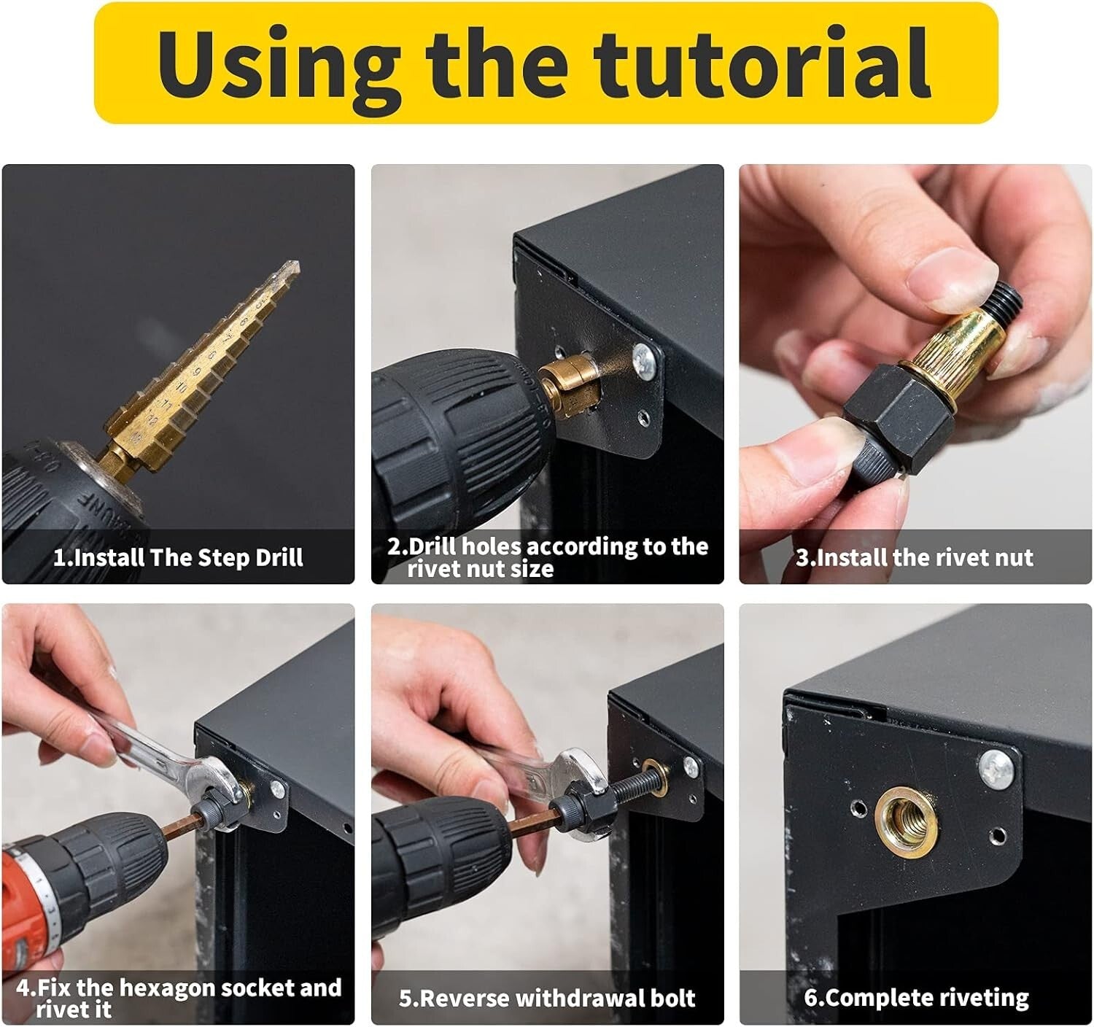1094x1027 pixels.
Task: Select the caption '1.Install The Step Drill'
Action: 178,558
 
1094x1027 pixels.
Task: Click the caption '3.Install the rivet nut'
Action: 915,558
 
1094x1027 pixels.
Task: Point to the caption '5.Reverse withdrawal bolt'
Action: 547,998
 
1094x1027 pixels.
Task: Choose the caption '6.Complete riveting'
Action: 917,998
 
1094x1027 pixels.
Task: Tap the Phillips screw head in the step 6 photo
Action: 997,768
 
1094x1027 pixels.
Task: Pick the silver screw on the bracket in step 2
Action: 643,358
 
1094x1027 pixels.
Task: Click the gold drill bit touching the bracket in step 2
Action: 572,382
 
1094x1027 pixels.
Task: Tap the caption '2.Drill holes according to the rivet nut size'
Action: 547,557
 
